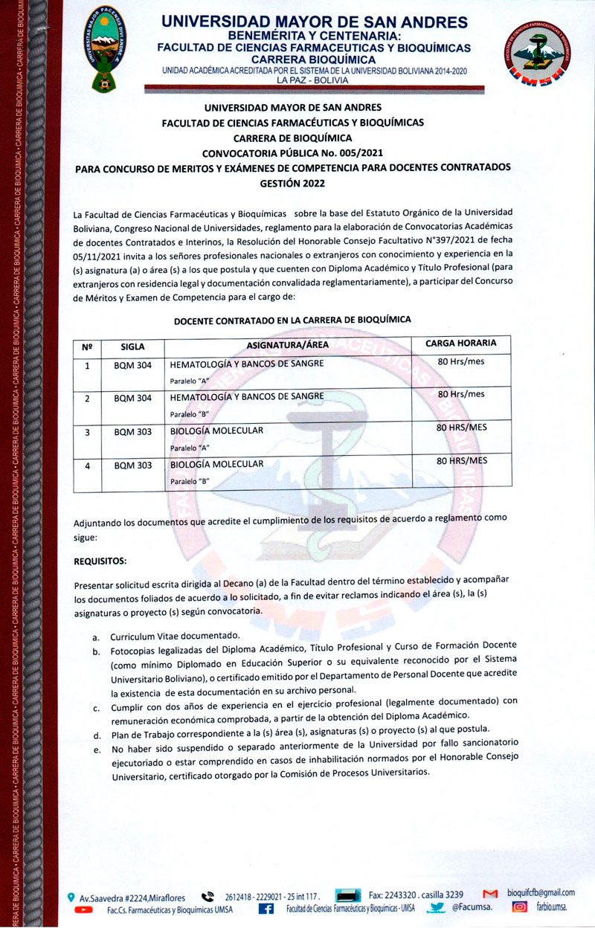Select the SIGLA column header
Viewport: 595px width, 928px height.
[132, 346]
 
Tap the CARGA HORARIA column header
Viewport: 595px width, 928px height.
[460, 344]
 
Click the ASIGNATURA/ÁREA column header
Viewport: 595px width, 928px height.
[287, 344]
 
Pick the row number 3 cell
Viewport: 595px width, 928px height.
[87, 432]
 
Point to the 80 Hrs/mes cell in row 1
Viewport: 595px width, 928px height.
[460, 362]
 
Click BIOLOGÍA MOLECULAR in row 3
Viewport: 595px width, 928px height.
[216, 431]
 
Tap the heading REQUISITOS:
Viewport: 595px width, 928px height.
[100, 560]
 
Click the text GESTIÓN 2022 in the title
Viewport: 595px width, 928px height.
[292, 183]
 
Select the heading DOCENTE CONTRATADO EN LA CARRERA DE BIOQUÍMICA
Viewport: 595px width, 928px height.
[292, 320]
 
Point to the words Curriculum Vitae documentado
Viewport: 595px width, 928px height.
[175, 637]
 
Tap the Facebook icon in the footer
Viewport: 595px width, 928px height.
[266, 909]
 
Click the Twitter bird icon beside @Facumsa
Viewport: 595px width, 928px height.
[438, 907]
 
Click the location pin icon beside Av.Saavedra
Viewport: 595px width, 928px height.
[70, 897]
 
